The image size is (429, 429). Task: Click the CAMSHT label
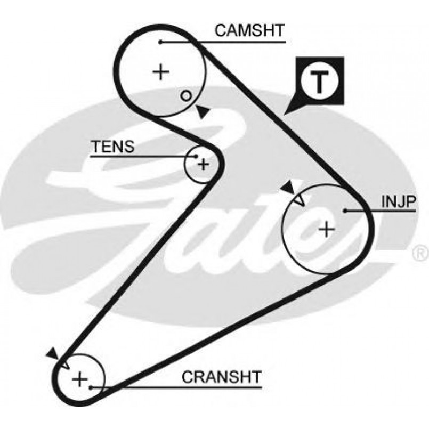(x=249, y=31)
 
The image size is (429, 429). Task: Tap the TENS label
(x=112, y=147)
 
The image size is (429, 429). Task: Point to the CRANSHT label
(x=221, y=377)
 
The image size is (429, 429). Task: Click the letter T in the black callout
(x=319, y=81)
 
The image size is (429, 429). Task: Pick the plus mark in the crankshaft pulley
(x=79, y=379)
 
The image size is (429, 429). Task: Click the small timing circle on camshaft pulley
(x=185, y=95)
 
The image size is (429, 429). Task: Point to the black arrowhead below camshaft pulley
(x=202, y=112)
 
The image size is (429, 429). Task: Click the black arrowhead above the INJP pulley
(x=288, y=187)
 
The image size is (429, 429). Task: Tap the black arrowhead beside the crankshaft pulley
(x=52, y=353)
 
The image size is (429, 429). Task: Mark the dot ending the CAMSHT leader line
(x=160, y=41)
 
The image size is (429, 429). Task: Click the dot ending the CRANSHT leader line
(x=92, y=387)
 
